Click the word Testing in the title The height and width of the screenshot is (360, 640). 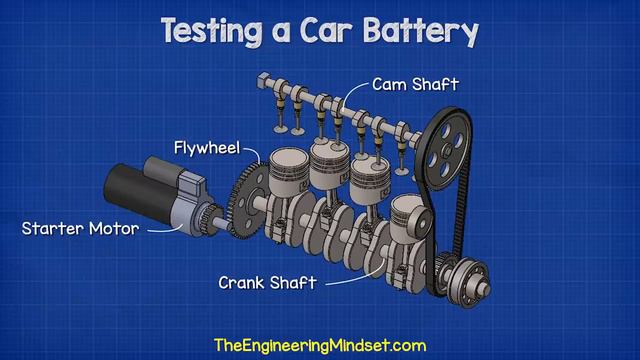point(212,31)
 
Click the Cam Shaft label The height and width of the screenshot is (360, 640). point(415,84)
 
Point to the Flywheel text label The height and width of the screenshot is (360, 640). point(207,148)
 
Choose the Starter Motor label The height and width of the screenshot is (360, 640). point(80,229)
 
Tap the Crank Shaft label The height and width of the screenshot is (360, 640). point(267,283)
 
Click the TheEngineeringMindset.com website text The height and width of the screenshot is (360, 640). point(320,345)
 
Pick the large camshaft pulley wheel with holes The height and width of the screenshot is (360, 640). point(445,149)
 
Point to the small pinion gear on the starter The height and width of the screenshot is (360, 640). point(211,220)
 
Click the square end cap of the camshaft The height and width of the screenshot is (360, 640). point(263,80)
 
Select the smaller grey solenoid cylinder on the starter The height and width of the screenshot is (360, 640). point(163,167)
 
